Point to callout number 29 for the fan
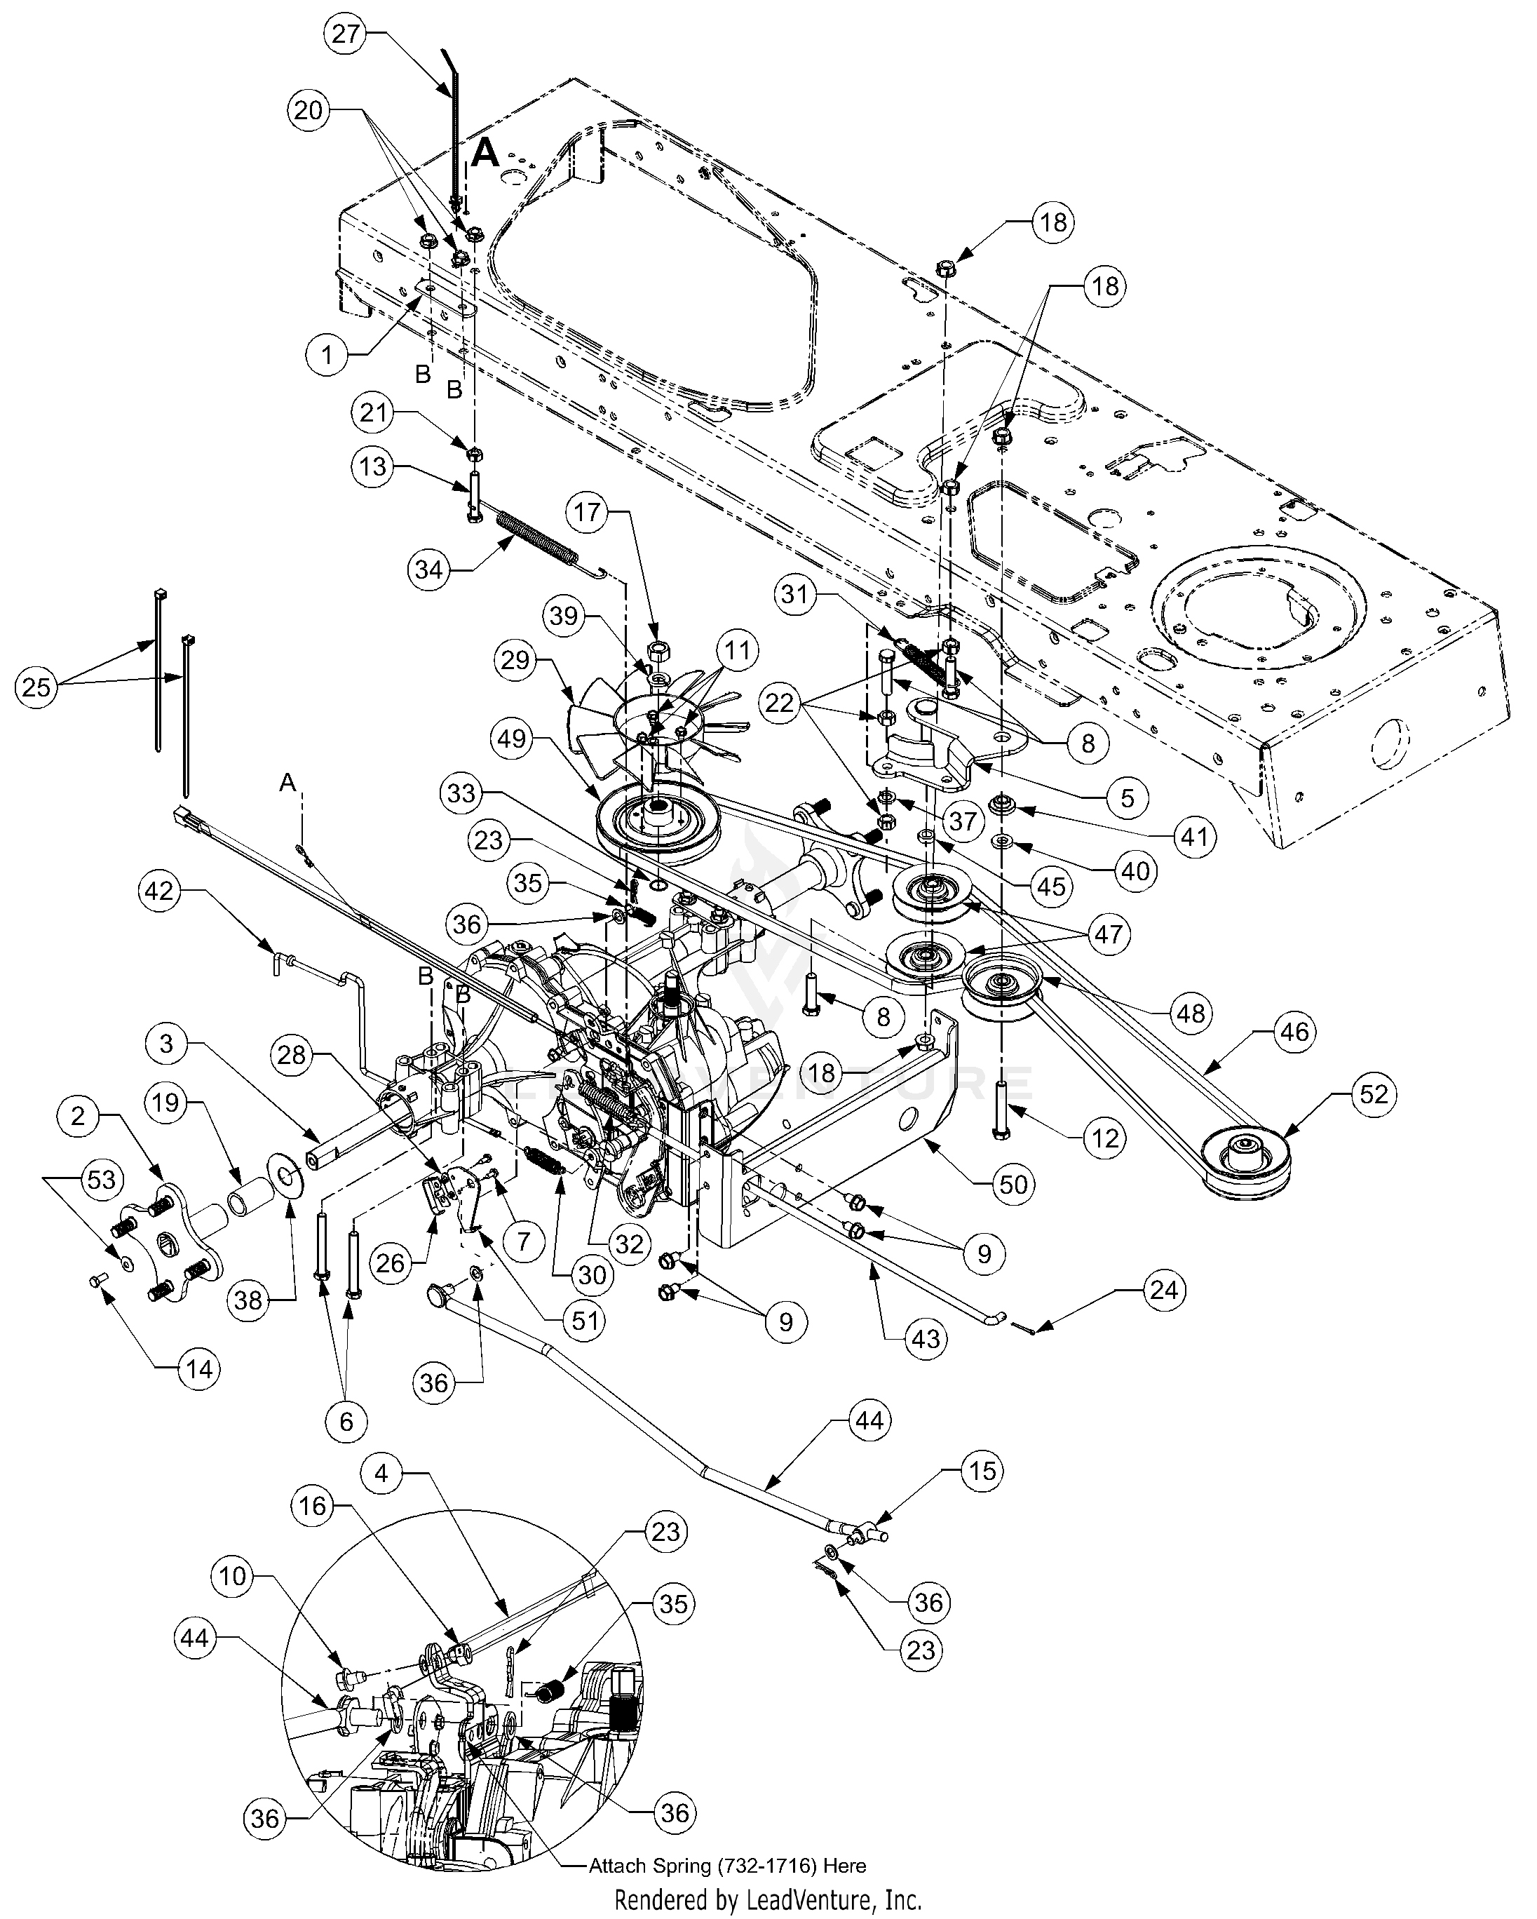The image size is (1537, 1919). click(515, 661)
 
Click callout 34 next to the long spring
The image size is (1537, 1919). click(429, 569)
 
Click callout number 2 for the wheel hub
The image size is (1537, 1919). click(79, 1115)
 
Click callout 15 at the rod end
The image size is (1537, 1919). click(982, 1472)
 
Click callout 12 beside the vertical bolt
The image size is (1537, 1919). click(1105, 1138)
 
